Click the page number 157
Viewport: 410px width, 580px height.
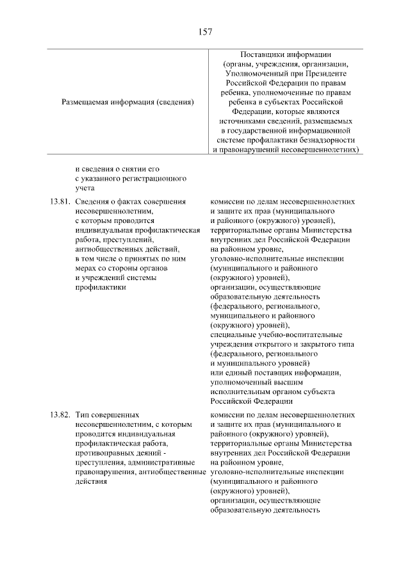pos(205,31)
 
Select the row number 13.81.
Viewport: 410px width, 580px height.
pos(58,202)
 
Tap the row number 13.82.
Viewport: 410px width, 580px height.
pos(58,415)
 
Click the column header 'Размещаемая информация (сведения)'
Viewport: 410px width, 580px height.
pos(127,101)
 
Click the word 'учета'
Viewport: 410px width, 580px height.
pos(84,188)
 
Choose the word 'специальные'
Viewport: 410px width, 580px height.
pos(233,334)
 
